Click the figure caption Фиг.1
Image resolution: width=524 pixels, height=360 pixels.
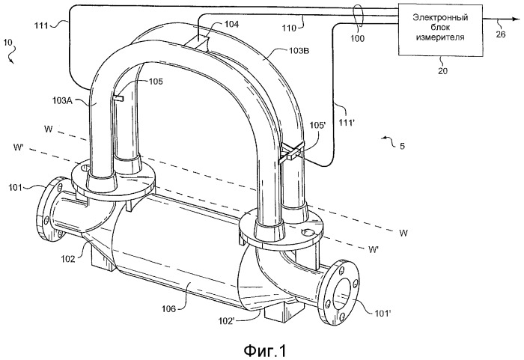point(261,349)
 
